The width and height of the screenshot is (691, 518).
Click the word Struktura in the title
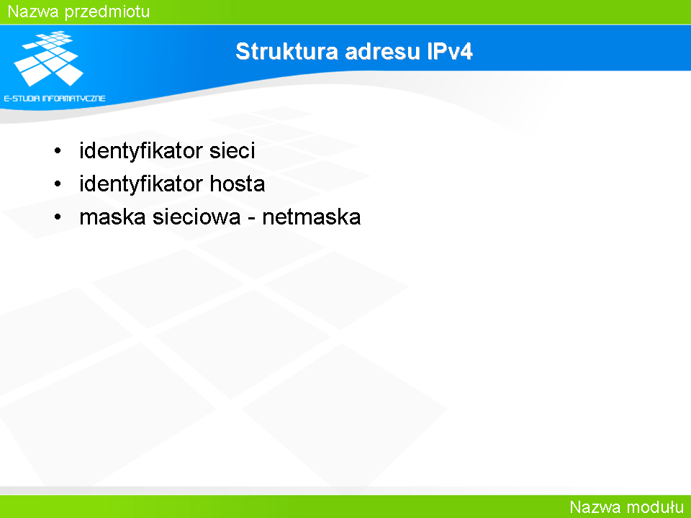pos(287,51)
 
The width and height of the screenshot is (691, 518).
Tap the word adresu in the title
pos(382,51)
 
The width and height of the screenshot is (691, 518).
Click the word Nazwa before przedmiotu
pos(33,12)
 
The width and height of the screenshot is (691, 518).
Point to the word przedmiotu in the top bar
pos(107,12)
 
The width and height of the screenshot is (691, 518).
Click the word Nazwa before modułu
pos(595,507)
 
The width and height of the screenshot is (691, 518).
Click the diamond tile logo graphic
pos(49,58)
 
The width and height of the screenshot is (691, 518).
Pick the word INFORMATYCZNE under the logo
pos(74,99)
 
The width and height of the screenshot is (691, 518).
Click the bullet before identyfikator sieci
pos(58,151)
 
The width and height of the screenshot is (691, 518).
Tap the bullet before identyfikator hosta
pos(58,183)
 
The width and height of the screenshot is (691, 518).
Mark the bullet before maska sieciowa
pos(58,217)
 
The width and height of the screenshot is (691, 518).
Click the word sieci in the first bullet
pos(232,150)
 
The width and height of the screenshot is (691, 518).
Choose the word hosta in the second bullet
pos(237,183)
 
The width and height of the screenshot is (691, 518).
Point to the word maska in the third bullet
pos(113,217)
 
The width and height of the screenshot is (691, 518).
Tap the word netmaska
pos(312,217)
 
